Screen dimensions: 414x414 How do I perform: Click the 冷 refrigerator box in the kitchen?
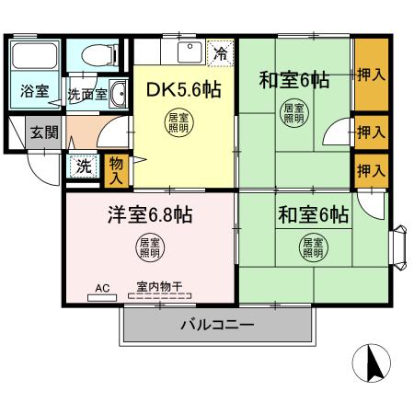(x=219, y=53)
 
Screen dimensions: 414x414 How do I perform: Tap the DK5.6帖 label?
(x=183, y=89)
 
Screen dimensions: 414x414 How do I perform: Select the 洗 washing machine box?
(x=84, y=167)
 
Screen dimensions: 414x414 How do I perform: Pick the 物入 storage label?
(x=116, y=167)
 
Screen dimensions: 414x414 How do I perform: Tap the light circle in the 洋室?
(x=149, y=247)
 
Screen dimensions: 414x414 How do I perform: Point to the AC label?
(x=102, y=288)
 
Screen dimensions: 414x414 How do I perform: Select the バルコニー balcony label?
(x=217, y=324)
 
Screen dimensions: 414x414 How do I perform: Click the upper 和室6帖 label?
(x=293, y=80)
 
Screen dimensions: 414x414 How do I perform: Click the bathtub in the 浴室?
(x=35, y=61)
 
